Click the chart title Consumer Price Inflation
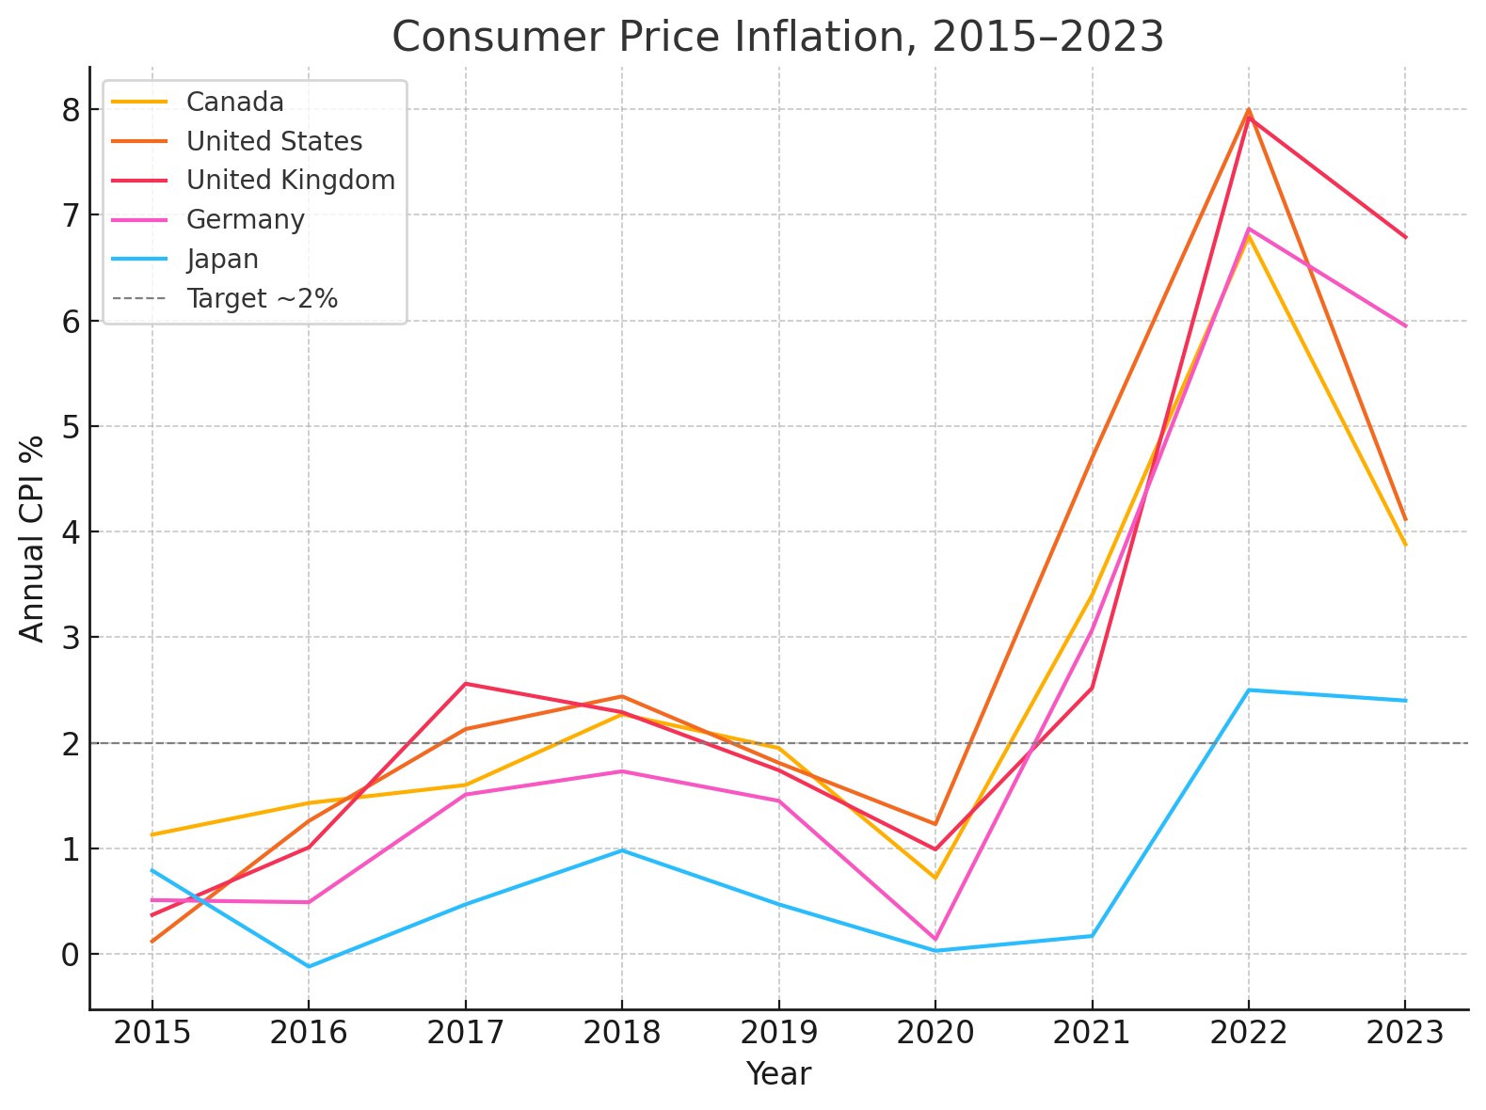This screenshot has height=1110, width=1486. (777, 38)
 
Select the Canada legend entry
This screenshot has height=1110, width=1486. (235, 102)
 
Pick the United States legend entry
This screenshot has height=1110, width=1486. (274, 141)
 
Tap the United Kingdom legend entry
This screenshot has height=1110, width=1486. (291, 181)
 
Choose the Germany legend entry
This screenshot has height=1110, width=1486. (246, 220)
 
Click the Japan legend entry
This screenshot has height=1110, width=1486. (222, 260)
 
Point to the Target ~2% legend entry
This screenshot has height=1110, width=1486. (262, 299)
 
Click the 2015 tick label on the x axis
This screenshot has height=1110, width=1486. (152, 1033)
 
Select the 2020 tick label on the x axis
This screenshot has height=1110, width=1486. (935, 1033)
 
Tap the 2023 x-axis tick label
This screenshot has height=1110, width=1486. (1405, 1033)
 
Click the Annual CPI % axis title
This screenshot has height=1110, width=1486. (32, 538)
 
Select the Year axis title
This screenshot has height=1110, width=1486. (778, 1074)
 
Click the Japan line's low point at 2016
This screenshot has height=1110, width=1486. (309, 966)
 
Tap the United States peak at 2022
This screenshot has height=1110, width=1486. (1249, 110)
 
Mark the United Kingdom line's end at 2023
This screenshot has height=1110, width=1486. (1405, 237)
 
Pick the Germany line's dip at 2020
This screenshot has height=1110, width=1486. (935, 939)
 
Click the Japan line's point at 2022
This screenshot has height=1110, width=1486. (1249, 690)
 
